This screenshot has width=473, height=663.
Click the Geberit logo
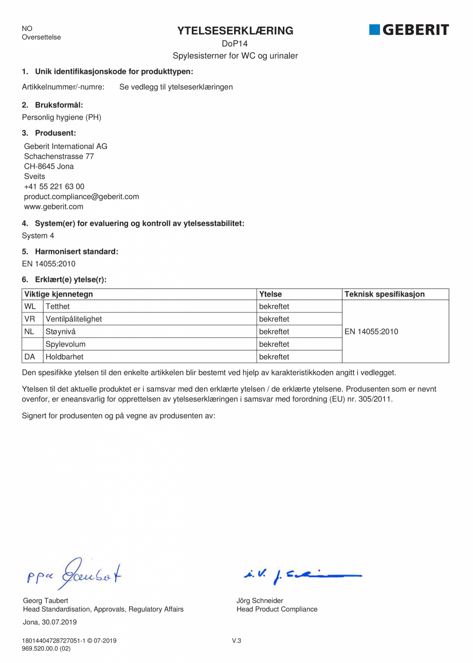tap(409, 30)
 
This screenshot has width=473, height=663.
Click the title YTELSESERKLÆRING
tap(235, 31)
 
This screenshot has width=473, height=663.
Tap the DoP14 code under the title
tap(235, 44)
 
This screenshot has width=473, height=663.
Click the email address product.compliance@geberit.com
tap(81, 196)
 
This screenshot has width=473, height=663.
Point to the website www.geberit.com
tap(53, 207)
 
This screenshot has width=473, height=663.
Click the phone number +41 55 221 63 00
tap(54, 187)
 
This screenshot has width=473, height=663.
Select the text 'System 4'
tap(38, 236)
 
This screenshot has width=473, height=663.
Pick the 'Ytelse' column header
tap(270, 294)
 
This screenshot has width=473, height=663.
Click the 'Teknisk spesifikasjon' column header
tap(385, 294)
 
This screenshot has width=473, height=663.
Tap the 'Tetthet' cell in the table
tap(58, 307)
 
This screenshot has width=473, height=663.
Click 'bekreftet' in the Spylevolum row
tap(274, 344)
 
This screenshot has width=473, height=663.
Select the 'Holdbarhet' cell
tap(64, 356)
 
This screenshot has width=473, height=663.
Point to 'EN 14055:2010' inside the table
tap(371, 331)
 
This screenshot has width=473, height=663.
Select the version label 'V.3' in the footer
tap(236, 640)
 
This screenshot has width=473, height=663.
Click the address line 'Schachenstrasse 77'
tap(59, 156)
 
